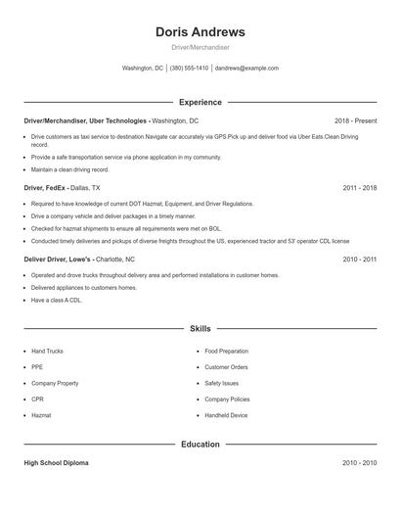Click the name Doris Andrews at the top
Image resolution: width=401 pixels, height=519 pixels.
(200, 31)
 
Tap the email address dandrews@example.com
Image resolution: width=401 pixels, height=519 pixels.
(246, 69)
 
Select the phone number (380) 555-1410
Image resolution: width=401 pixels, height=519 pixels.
(189, 69)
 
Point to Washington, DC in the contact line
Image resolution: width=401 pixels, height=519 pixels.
(143, 69)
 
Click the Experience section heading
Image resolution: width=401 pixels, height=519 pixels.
(200, 102)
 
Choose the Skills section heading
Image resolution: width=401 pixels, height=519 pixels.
(200, 330)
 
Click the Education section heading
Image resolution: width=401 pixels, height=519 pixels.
(200, 444)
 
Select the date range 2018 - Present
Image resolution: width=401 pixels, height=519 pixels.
(355, 119)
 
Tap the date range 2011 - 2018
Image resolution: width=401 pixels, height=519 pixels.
(360, 187)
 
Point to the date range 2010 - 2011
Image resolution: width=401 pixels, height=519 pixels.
(360, 259)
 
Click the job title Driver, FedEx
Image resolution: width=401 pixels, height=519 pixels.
(45, 187)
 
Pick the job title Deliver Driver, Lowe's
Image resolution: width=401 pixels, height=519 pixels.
(59, 259)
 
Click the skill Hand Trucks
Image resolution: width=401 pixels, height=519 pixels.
(47, 351)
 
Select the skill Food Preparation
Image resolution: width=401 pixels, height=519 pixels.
(227, 351)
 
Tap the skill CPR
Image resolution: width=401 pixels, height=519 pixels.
(38, 400)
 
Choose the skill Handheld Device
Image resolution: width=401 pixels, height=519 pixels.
(226, 415)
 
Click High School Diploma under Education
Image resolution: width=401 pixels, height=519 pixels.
(56, 462)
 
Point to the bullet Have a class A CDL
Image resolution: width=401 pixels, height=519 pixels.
(57, 301)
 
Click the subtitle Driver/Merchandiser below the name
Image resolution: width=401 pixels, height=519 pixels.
(200, 47)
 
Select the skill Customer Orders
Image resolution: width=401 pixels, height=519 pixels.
(226, 367)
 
